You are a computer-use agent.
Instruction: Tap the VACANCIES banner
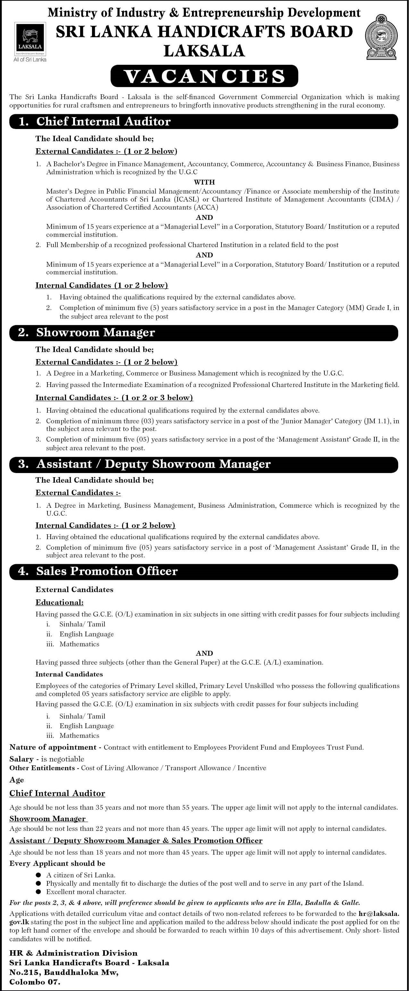point(204,76)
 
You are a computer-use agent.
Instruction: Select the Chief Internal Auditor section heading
point(103,122)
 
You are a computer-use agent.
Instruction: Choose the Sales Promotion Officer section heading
point(106,571)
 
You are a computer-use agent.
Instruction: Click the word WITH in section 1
point(204,182)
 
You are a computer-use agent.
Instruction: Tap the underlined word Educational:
point(60,602)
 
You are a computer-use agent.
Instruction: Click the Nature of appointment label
point(53,747)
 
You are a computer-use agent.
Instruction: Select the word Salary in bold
point(21,759)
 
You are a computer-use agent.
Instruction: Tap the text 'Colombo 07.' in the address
point(35,982)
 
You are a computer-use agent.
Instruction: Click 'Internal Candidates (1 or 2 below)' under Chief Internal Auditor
point(102,285)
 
